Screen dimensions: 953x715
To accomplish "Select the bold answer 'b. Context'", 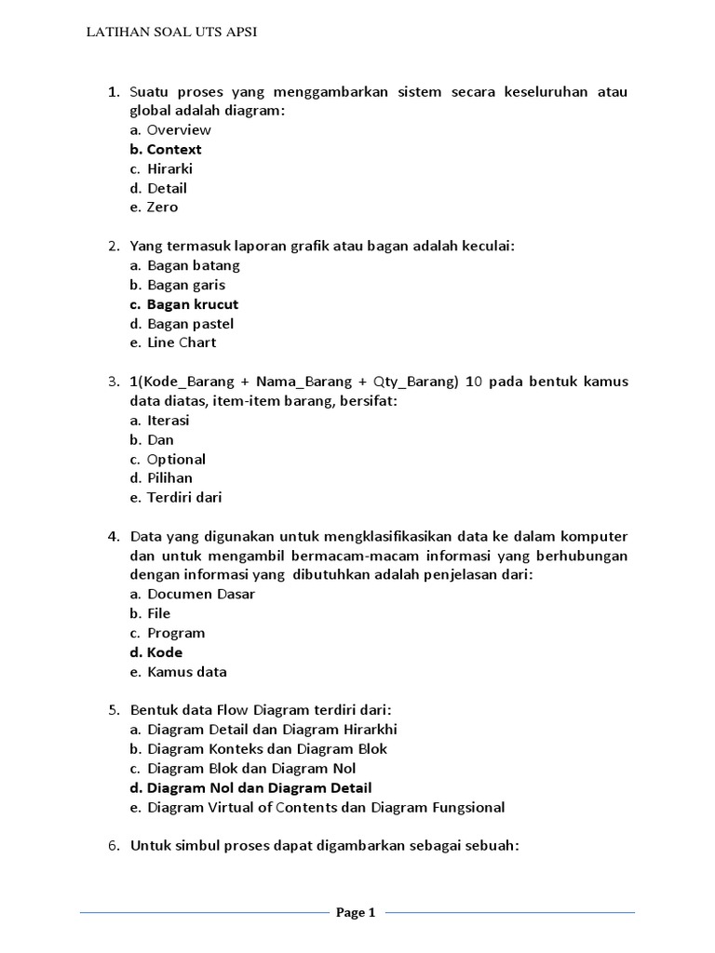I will (166, 149).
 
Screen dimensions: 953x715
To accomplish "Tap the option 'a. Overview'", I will (170, 129).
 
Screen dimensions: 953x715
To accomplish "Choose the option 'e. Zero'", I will (154, 207).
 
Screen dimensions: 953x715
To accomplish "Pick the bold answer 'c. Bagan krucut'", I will (184, 304).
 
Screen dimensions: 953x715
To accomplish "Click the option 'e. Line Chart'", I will (173, 342).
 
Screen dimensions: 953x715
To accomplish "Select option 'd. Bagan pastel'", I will (182, 324).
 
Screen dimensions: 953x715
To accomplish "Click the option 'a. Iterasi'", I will (160, 421).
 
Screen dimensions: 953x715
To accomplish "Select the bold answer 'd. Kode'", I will (156, 652).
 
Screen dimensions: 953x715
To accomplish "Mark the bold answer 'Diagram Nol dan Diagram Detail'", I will (260, 787).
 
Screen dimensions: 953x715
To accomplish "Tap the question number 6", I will (113, 846).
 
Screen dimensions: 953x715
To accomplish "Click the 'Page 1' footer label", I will (356, 913).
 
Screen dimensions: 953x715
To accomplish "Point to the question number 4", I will (113, 537).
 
